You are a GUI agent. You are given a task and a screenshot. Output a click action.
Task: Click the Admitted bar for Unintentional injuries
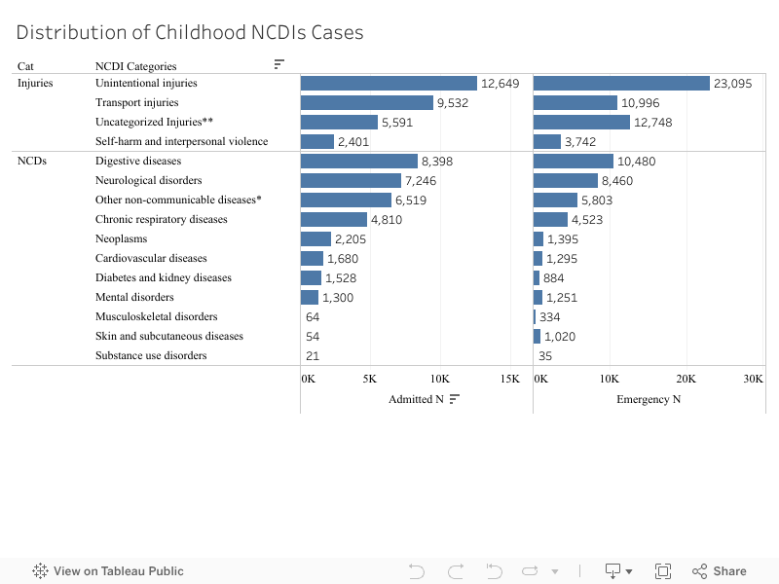pyautogui.click(x=389, y=84)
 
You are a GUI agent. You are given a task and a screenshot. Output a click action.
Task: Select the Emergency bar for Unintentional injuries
pyautogui.click(x=621, y=84)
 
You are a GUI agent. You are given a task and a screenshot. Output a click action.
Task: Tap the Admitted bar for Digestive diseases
pyautogui.click(x=358, y=162)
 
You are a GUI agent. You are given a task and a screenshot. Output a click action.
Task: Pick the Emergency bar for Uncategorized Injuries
pyautogui.click(x=581, y=123)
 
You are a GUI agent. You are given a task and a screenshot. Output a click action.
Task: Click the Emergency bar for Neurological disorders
pyautogui.click(x=566, y=181)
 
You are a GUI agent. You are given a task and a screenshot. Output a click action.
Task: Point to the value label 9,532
pyautogui.click(x=455, y=103)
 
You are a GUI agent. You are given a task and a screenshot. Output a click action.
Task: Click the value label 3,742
pyautogui.click(x=580, y=142)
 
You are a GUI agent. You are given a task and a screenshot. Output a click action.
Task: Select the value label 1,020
pyautogui.click(x=560, y=337)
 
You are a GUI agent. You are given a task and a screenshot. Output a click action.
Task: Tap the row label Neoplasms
pyautogui.click(x=122, y=238)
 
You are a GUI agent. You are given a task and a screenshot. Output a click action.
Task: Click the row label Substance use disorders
pyautogui.click(x=151, y=355)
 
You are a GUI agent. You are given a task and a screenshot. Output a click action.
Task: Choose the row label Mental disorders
pyautogui.click(x=134, y=297)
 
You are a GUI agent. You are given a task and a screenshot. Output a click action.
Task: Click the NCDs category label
pyautogui.click(x=31, y=161)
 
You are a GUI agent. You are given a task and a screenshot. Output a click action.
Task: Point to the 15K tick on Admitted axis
pyautogui.click(x=509, y=379)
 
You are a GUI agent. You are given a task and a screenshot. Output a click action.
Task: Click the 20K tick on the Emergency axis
pyautogui.click(x=686, y=379)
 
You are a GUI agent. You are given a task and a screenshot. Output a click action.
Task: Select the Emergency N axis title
pyautogui.click(x=649, y=399)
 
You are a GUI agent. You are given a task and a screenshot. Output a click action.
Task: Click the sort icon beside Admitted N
pyautogui.click(x=455, y=399)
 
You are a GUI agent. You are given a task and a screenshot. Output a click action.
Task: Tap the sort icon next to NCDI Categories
pyautogui.click(x=279, y=64)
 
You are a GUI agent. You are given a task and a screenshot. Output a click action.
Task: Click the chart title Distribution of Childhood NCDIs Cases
pyautogui.click(x=190, y=32)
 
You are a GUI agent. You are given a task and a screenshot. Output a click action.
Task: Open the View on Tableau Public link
pyautogui.click(x=108, y=571)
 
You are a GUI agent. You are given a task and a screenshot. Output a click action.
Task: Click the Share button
pyautogui.click(x=720, y=571)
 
